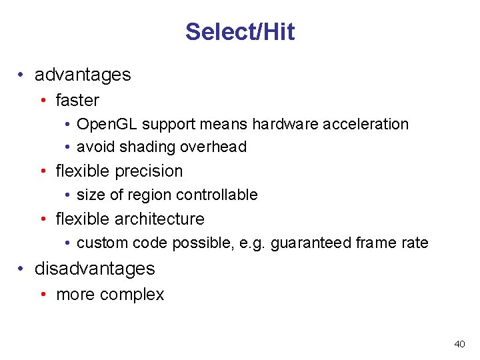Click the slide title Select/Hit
tap(240, 31)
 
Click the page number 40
tap(459, 344)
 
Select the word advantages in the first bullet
tap(83, 75)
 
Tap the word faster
tap(77, 101)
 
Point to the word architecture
tap(159, 219)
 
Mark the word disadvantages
tap(95, 269)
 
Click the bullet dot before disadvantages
tap(22, 269)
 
